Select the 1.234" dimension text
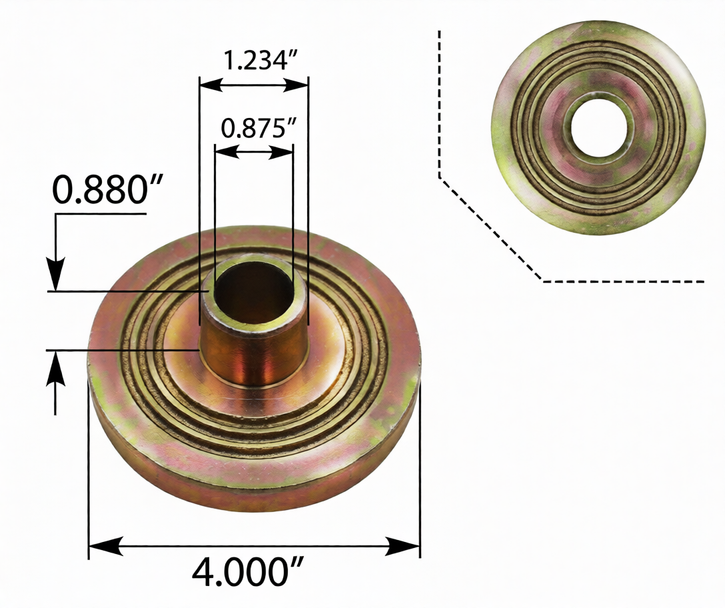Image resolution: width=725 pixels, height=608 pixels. tap(259, 61)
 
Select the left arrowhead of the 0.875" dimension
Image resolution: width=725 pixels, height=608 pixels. tap(225, 152)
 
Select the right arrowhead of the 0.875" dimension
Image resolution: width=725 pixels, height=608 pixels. tap(283, 152)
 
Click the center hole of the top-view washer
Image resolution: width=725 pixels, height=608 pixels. tap(598, 127)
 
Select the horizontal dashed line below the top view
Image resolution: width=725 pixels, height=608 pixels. tap(623, 281)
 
